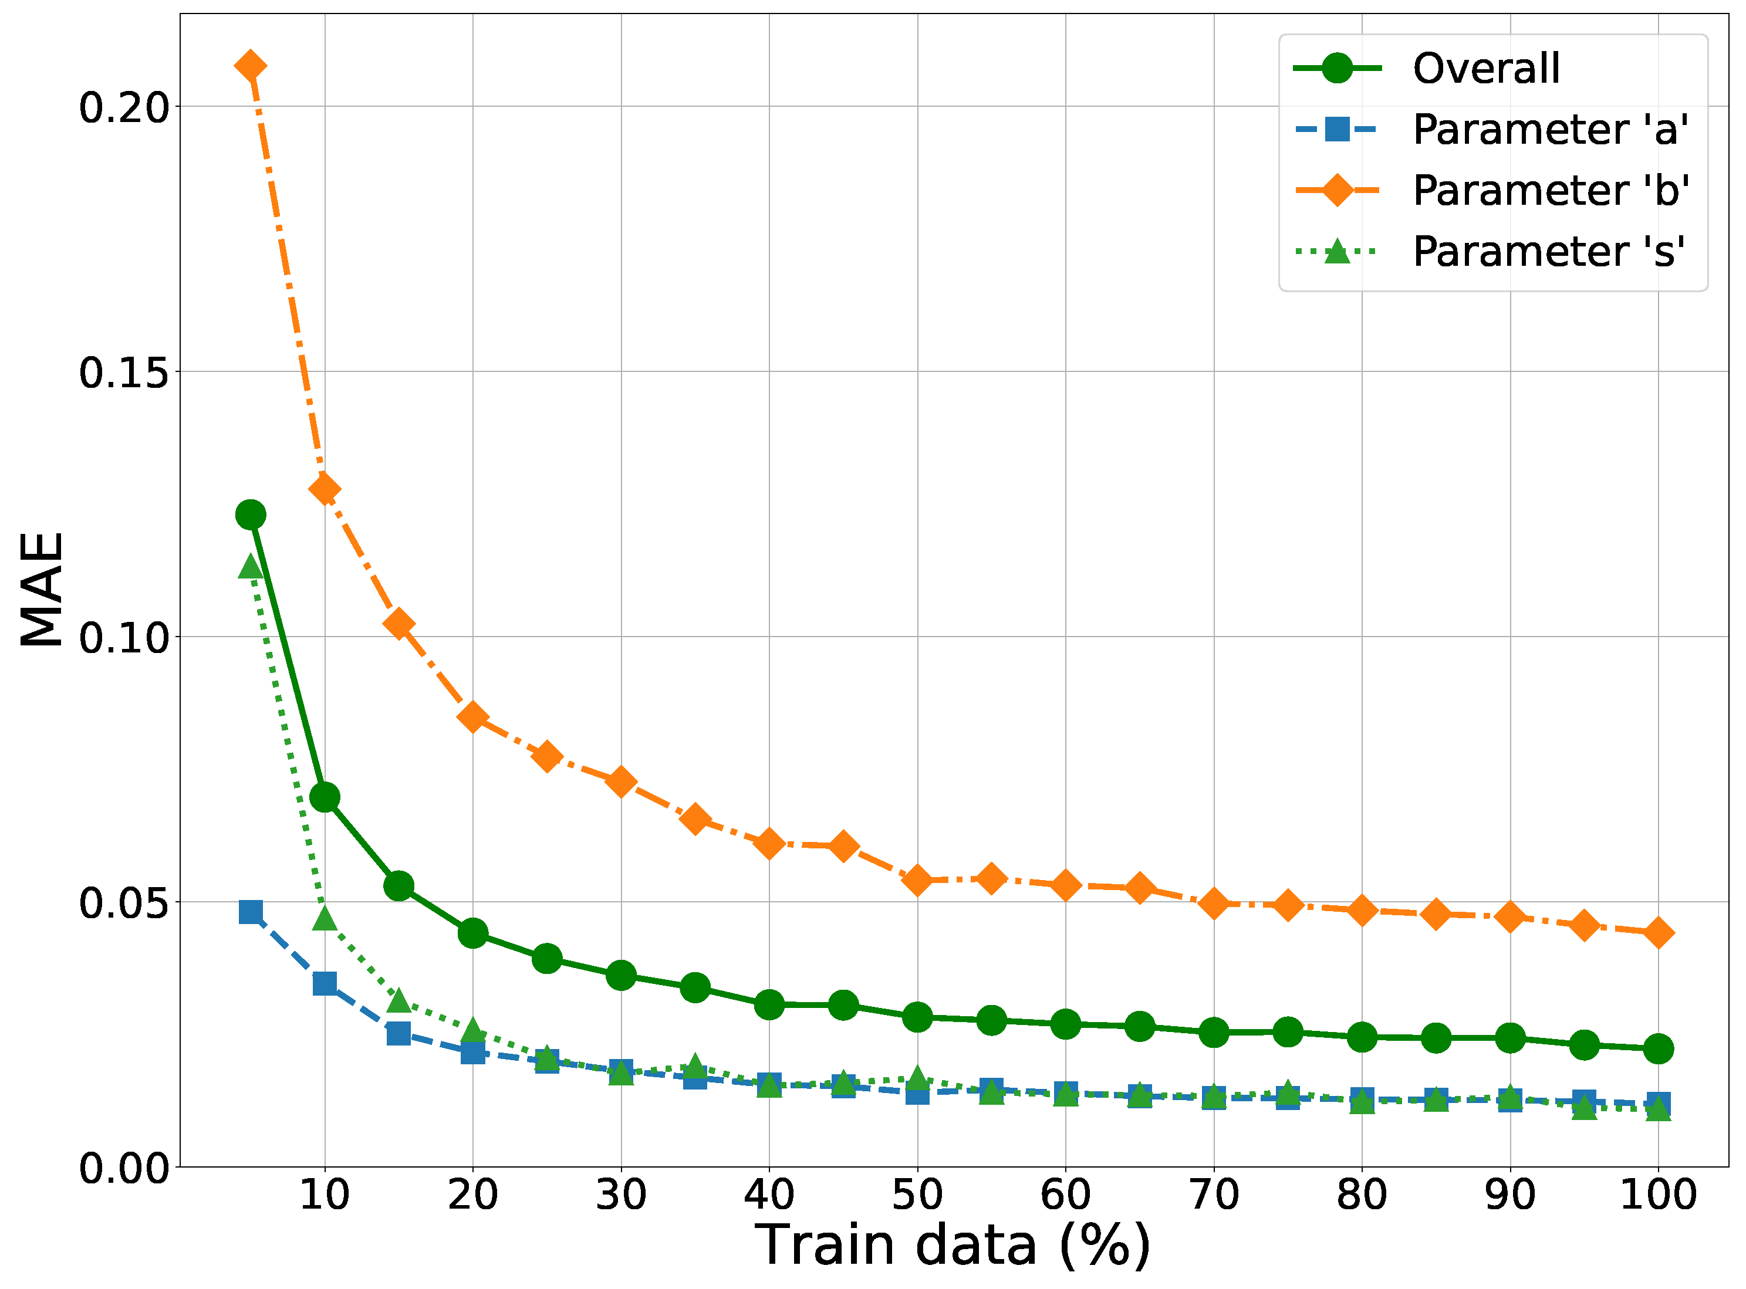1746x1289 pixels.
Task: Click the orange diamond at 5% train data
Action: (x=251, y=66)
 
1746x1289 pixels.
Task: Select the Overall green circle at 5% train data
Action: (x=251, y=515)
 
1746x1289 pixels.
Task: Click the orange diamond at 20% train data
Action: (x=473, y=716)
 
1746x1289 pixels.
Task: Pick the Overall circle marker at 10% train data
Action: (x=325, y=797)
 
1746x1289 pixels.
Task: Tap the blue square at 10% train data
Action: (x=325, y=983)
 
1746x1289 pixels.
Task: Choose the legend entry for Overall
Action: (x=1486, y=69)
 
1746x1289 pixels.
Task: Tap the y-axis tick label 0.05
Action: (x=124, y=904)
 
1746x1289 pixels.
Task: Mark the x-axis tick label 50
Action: (x=917, y=1195)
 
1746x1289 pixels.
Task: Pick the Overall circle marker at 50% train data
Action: (x=917, y=1017)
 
